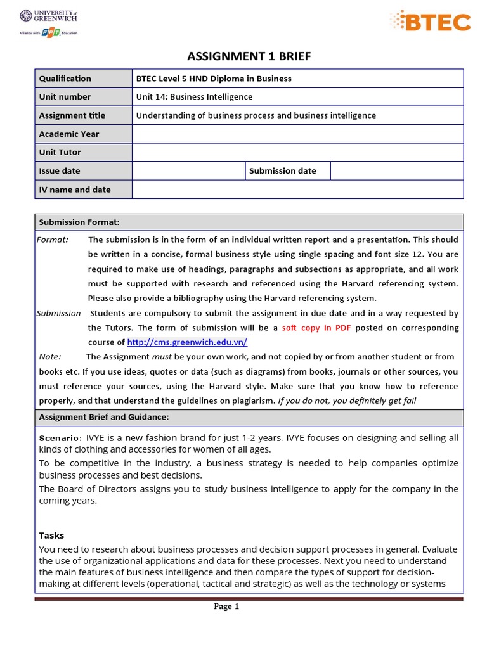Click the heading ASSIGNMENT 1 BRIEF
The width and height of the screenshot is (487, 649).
coord(249,57)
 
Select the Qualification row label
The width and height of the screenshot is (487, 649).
coord(65,79)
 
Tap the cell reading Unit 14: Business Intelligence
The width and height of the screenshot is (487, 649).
coord(194,97)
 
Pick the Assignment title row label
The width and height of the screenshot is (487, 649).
coord(72,115)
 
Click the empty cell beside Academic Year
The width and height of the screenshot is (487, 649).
coord(297,134)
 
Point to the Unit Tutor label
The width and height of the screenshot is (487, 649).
coord(60,152)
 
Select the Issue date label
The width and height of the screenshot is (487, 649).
coord(60,170)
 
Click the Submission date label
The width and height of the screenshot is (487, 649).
coord(283,170)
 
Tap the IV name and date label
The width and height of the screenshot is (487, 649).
coord(75,190)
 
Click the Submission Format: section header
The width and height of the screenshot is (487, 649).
coord(79,222)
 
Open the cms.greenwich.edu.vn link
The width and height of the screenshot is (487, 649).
coord(187,342)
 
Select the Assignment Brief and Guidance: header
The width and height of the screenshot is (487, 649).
coord(104,417)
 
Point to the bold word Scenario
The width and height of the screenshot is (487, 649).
coord(60,438)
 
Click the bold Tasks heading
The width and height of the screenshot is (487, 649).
coord(51,536)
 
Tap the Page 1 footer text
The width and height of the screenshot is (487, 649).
coord(226,607)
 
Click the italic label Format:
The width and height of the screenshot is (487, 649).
coord(53,240)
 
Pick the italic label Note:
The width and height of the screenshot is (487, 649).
coord(50,357)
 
